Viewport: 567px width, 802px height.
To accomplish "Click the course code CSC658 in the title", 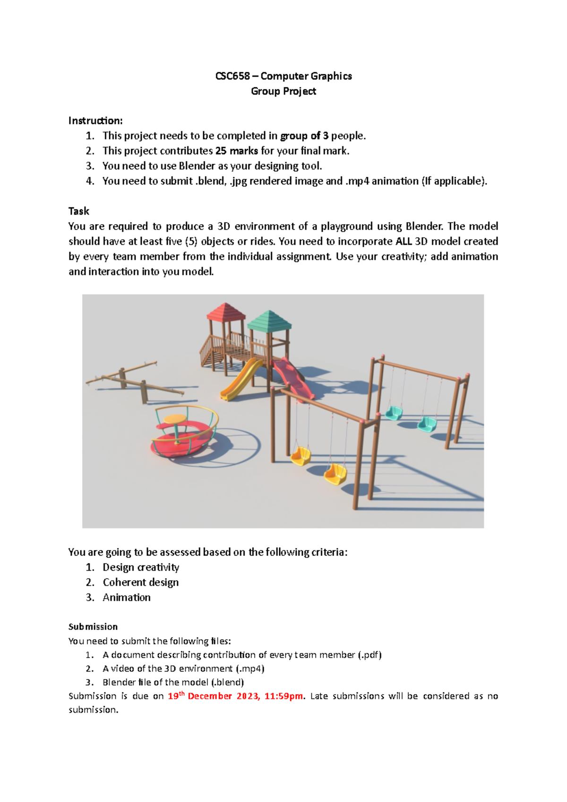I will point(232,76).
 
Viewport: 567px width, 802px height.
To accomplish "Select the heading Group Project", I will point(283,91).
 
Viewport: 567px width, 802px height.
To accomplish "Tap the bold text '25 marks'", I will point(236,151).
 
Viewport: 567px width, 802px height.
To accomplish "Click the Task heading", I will point(78,211).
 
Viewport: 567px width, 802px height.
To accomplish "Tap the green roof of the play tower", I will point(269,320).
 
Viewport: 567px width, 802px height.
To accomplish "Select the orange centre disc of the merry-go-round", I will point(175,419).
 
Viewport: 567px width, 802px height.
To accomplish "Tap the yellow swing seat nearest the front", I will point(335,474).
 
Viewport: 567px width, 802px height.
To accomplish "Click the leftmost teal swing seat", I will point(393,413).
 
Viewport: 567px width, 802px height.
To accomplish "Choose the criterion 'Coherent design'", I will point(140,582).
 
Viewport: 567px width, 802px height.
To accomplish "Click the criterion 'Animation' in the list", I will point(127,597).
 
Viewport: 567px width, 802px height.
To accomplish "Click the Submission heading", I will point(93,627).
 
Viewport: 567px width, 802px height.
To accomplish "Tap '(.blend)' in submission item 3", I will point(227,682).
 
